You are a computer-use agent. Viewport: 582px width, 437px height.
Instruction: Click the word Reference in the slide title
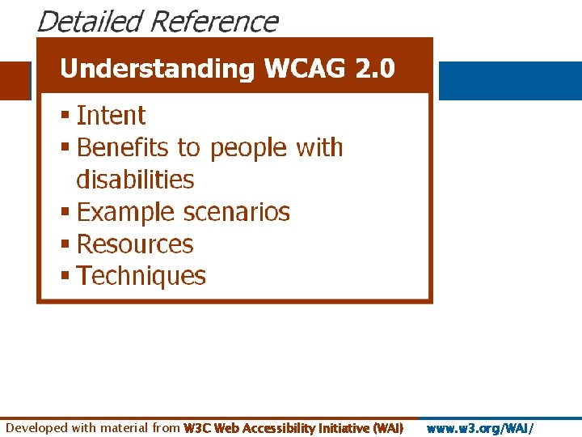click(213, 21)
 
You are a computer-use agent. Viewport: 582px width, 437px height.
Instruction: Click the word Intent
click(111, 116)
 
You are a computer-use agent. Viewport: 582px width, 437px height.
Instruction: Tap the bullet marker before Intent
click(65, 117)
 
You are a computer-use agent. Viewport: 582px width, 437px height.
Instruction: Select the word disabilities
click(135, 179)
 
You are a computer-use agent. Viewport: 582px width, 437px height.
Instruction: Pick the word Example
click(125, 212)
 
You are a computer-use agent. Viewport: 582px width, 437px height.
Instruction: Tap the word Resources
click(135, 244)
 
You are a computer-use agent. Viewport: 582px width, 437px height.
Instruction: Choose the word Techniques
click(141, 276)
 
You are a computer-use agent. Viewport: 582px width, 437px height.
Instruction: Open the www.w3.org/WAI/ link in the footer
click(479, 428)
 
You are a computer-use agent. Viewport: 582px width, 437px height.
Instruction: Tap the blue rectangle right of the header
click(509, 81)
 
